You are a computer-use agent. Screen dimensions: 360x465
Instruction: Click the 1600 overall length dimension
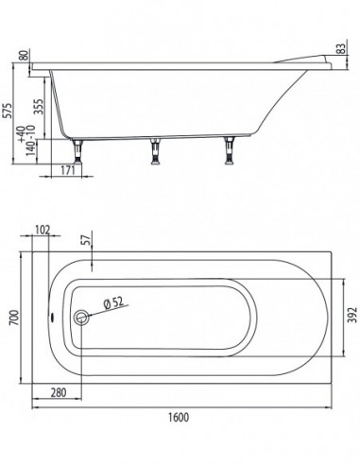pos(179,417)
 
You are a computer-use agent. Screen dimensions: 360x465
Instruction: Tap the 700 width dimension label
pos(14,318)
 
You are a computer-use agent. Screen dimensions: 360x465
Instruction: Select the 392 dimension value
pos(352,315)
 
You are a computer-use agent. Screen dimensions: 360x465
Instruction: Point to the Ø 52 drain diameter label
pos(113,302)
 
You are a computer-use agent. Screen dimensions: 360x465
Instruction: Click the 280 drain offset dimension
pos(59,392)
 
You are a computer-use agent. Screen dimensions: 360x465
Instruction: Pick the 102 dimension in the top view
pos(43,230)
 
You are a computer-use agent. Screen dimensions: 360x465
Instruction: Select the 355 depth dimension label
pos(38,107)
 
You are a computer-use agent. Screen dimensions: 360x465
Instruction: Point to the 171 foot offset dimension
pos(68,170)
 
